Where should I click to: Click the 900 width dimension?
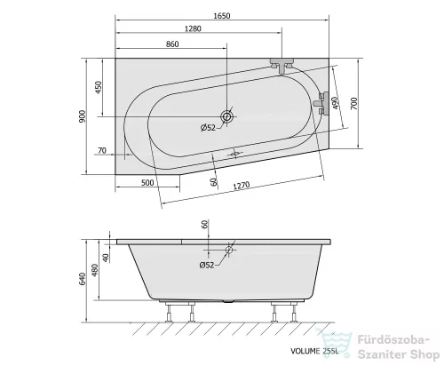pos(82,115)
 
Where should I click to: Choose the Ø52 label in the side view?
pos(206,265)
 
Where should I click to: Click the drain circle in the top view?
pos(227,116)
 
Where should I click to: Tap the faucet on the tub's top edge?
pos(283,65)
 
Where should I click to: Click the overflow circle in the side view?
pos(229,251)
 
